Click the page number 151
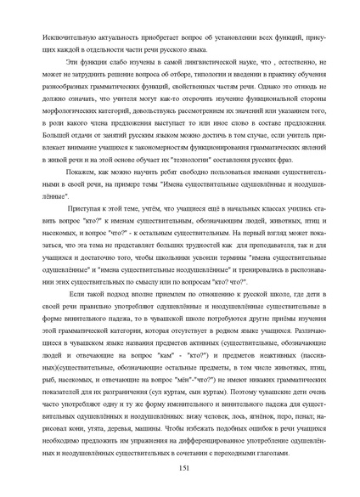click(x=180, y=469)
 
